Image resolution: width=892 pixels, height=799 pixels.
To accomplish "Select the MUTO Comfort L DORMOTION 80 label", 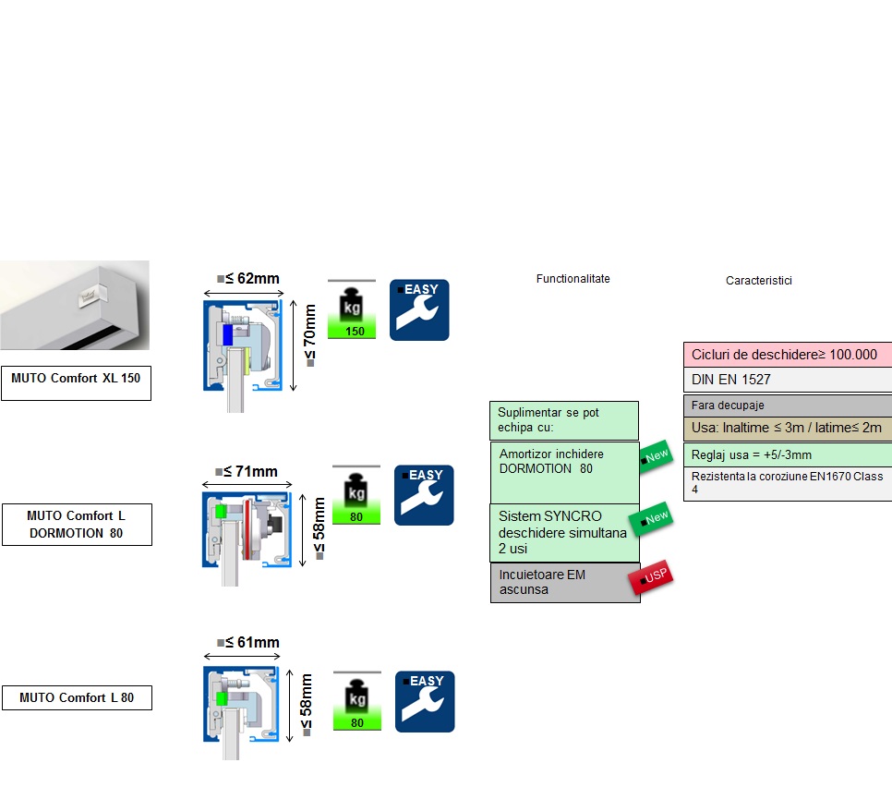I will (76, 525).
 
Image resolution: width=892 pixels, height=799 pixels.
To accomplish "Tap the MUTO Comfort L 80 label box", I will (76, 698).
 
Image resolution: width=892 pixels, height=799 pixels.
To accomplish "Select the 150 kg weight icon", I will (352, 309).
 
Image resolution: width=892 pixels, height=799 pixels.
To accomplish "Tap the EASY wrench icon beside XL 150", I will (419, 309).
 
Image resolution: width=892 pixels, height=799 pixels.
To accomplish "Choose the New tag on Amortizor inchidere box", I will (656, 456).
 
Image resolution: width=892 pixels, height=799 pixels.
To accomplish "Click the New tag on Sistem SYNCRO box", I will (655, 519).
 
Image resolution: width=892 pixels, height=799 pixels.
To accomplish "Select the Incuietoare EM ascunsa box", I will (564, 583).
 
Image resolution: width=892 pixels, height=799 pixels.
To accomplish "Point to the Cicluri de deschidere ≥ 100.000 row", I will (787, 355).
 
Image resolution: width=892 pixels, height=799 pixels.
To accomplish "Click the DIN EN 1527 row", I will (787, 380).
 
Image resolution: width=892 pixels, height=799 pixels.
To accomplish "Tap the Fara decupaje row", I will (787, 406).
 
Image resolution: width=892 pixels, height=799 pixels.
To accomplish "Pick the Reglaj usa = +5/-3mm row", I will (787, 455).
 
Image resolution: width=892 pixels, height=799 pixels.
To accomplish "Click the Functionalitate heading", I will (573, 279).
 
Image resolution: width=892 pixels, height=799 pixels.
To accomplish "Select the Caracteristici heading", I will (758, 281).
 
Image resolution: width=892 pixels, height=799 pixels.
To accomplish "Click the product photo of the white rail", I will (74, 305).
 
